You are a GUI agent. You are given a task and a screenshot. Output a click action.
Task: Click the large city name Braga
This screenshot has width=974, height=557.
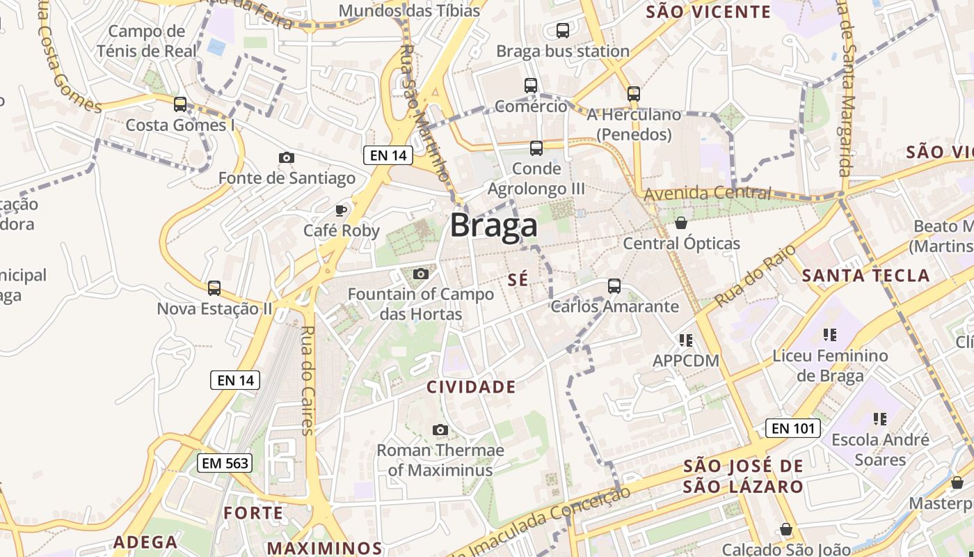coord(493,226)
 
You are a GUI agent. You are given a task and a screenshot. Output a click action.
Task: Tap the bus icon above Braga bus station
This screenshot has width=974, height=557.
coord(563,31)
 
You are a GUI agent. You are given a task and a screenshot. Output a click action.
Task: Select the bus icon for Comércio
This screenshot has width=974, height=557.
coord(531,86)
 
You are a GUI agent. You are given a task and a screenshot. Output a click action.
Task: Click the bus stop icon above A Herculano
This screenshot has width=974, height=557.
coord(633,93)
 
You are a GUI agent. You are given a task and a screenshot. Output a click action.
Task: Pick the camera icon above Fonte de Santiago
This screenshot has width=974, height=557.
coord(286,158)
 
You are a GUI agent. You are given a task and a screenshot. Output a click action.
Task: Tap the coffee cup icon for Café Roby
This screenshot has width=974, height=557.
coord(341,210)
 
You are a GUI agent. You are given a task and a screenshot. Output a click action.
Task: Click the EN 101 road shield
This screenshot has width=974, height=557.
coord(792,428)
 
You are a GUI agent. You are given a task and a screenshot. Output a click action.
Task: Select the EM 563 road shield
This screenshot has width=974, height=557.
coord(224,463)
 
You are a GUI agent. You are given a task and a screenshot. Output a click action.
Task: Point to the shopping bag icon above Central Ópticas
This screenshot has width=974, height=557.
coord(681,223)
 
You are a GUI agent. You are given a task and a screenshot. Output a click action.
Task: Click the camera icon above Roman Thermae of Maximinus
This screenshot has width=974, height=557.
coord(440,430)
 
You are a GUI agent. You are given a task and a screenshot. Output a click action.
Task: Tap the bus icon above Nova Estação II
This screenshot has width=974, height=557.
coord(214,288)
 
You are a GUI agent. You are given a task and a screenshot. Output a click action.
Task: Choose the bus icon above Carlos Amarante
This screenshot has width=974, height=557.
coord(614,285)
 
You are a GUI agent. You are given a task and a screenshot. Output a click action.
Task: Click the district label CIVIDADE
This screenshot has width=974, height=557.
coord(471,387)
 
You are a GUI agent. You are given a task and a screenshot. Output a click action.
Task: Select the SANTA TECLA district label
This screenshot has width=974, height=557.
coord(865,276)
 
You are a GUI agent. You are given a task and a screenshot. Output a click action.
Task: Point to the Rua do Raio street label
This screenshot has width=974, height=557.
coord(745,277)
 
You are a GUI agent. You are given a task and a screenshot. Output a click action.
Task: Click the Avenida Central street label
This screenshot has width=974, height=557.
coord(708,193)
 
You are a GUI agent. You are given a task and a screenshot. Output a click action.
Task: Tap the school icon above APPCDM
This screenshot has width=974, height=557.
coord(686,340)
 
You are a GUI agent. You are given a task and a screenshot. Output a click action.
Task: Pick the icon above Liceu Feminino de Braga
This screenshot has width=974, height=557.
coord(829,335)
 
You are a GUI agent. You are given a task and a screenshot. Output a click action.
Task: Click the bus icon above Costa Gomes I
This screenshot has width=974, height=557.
coord(180,104)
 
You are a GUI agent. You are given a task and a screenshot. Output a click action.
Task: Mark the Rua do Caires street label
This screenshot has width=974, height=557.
coord(308,380)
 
